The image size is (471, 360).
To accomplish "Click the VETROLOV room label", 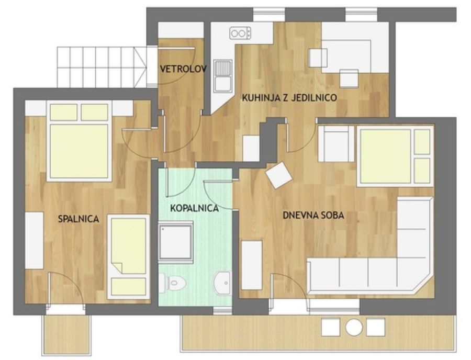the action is click(183, 70).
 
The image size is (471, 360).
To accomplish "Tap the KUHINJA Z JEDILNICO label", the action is click(289, 97).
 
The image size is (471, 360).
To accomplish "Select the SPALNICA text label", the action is click(78, 219).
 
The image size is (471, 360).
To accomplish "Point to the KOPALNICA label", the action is click(194, 208).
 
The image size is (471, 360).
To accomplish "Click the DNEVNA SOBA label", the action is click(313, 215).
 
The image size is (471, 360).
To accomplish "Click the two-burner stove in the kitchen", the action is click(240, 33).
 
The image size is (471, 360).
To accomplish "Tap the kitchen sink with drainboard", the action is click(222, 76).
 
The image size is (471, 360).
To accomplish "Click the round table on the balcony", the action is click(354, 327).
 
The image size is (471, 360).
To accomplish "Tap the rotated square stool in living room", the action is click(279, 175).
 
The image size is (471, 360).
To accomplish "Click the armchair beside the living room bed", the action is click(336, 144).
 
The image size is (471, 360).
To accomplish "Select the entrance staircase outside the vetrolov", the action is click(102, 67).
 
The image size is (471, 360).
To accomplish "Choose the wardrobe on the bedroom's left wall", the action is click(34, 241).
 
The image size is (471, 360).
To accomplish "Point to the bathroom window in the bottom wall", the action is click(222, 310).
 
